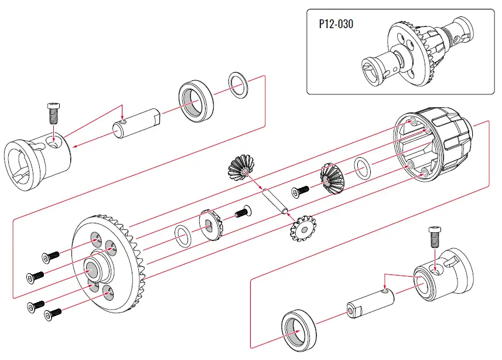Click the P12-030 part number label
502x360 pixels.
(x=336, y=25)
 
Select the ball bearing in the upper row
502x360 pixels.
(x=196, y=100)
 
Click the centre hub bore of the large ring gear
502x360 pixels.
(x=93, y=271)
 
